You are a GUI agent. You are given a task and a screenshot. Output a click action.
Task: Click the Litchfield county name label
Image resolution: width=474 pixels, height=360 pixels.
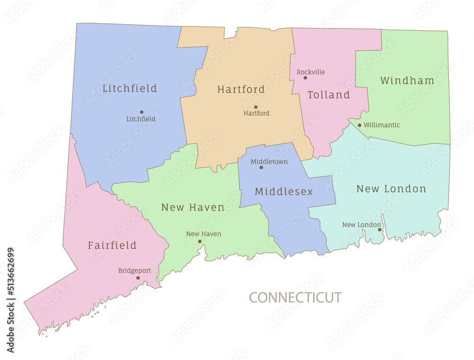point(129,89)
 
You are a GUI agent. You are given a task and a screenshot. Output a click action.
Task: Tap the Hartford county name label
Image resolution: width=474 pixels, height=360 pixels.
point(241,90)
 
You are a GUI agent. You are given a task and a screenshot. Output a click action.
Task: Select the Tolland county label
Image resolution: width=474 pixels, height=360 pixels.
point(328,95)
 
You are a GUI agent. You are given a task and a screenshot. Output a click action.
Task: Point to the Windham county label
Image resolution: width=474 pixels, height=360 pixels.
point(407,81)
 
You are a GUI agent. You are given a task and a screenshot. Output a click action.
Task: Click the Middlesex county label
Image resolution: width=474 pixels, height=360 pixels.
point(284,192)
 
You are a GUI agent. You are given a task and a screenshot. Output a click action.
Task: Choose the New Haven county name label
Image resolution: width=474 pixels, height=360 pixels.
point(193,207)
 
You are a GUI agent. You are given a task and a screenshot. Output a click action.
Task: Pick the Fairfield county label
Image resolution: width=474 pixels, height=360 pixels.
point(112,245)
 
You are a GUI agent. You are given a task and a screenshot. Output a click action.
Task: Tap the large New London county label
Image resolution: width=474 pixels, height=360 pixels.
point(391,189)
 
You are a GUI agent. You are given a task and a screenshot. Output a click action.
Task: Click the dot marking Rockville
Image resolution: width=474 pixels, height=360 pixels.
point(305,78)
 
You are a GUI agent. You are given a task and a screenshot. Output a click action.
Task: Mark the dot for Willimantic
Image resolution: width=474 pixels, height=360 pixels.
point(359,126)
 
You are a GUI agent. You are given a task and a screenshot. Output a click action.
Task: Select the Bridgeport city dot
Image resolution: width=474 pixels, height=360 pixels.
point(138,278)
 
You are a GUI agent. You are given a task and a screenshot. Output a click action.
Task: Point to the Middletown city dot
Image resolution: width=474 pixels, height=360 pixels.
point(261,167)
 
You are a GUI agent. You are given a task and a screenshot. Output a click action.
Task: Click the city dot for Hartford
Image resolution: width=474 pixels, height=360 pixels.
point(256,107)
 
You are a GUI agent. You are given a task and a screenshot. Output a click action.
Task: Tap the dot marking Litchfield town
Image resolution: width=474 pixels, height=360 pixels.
point(142,112)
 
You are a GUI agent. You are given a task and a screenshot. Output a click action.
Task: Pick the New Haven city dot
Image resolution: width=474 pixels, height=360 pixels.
point(200,241)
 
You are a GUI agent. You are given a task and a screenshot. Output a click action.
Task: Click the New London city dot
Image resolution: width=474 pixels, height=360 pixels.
point(379,230)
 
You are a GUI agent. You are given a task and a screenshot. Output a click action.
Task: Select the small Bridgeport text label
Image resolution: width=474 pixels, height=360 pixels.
point(134,270)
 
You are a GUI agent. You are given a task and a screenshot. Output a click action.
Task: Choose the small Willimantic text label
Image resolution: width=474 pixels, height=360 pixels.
point(382,125)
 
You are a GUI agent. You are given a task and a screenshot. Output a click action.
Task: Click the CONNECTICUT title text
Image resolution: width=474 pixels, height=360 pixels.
point(295,297)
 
